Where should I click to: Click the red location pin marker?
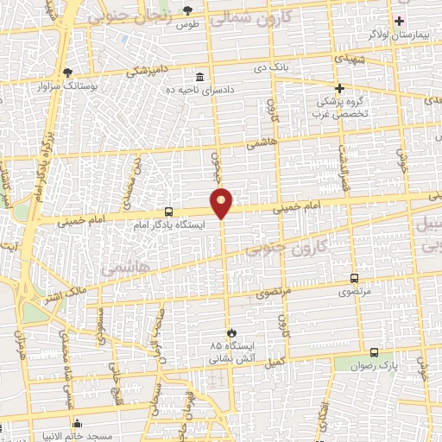pyautogui.click(x=222, y=203)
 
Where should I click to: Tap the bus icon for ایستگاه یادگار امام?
pyautogui.click(x=168, y=212)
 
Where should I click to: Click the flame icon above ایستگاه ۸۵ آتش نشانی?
pyautogui.click(x=230, y=332)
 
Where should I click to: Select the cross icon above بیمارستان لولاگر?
pyautogui.click(x=399, y=21)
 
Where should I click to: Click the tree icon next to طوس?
pyautogui.click(x=188, y=10)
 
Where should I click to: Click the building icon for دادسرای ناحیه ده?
pyautogui.click(x=200, y=76)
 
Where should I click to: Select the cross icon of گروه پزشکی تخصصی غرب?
pyautogui.click(x=339, y=88)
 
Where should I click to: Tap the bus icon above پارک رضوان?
pyautogui.click(x=373, y=352)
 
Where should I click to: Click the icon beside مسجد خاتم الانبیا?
pyautogui.click(x=79, y=424)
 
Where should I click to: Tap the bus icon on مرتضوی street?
pyautogui.click(x=354, y=278)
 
